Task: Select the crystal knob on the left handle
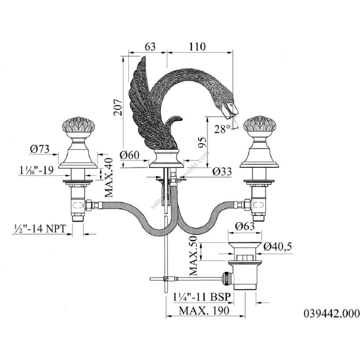point(78,126)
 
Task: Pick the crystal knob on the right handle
point(260,126)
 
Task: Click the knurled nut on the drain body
point(226,278)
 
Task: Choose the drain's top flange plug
point(245,244)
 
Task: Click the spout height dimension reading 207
point(118,107)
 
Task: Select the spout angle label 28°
point(222,129)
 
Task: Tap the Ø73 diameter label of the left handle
point(40,149)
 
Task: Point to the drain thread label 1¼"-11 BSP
point(202,297)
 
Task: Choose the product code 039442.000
point(332,313)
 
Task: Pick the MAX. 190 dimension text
point(204,311)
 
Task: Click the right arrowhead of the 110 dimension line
point(230,52)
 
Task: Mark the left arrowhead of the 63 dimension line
point(131,52)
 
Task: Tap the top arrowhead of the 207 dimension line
point(124,59)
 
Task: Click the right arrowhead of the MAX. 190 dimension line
point(242,316)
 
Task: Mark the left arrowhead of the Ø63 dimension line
point(231,233)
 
